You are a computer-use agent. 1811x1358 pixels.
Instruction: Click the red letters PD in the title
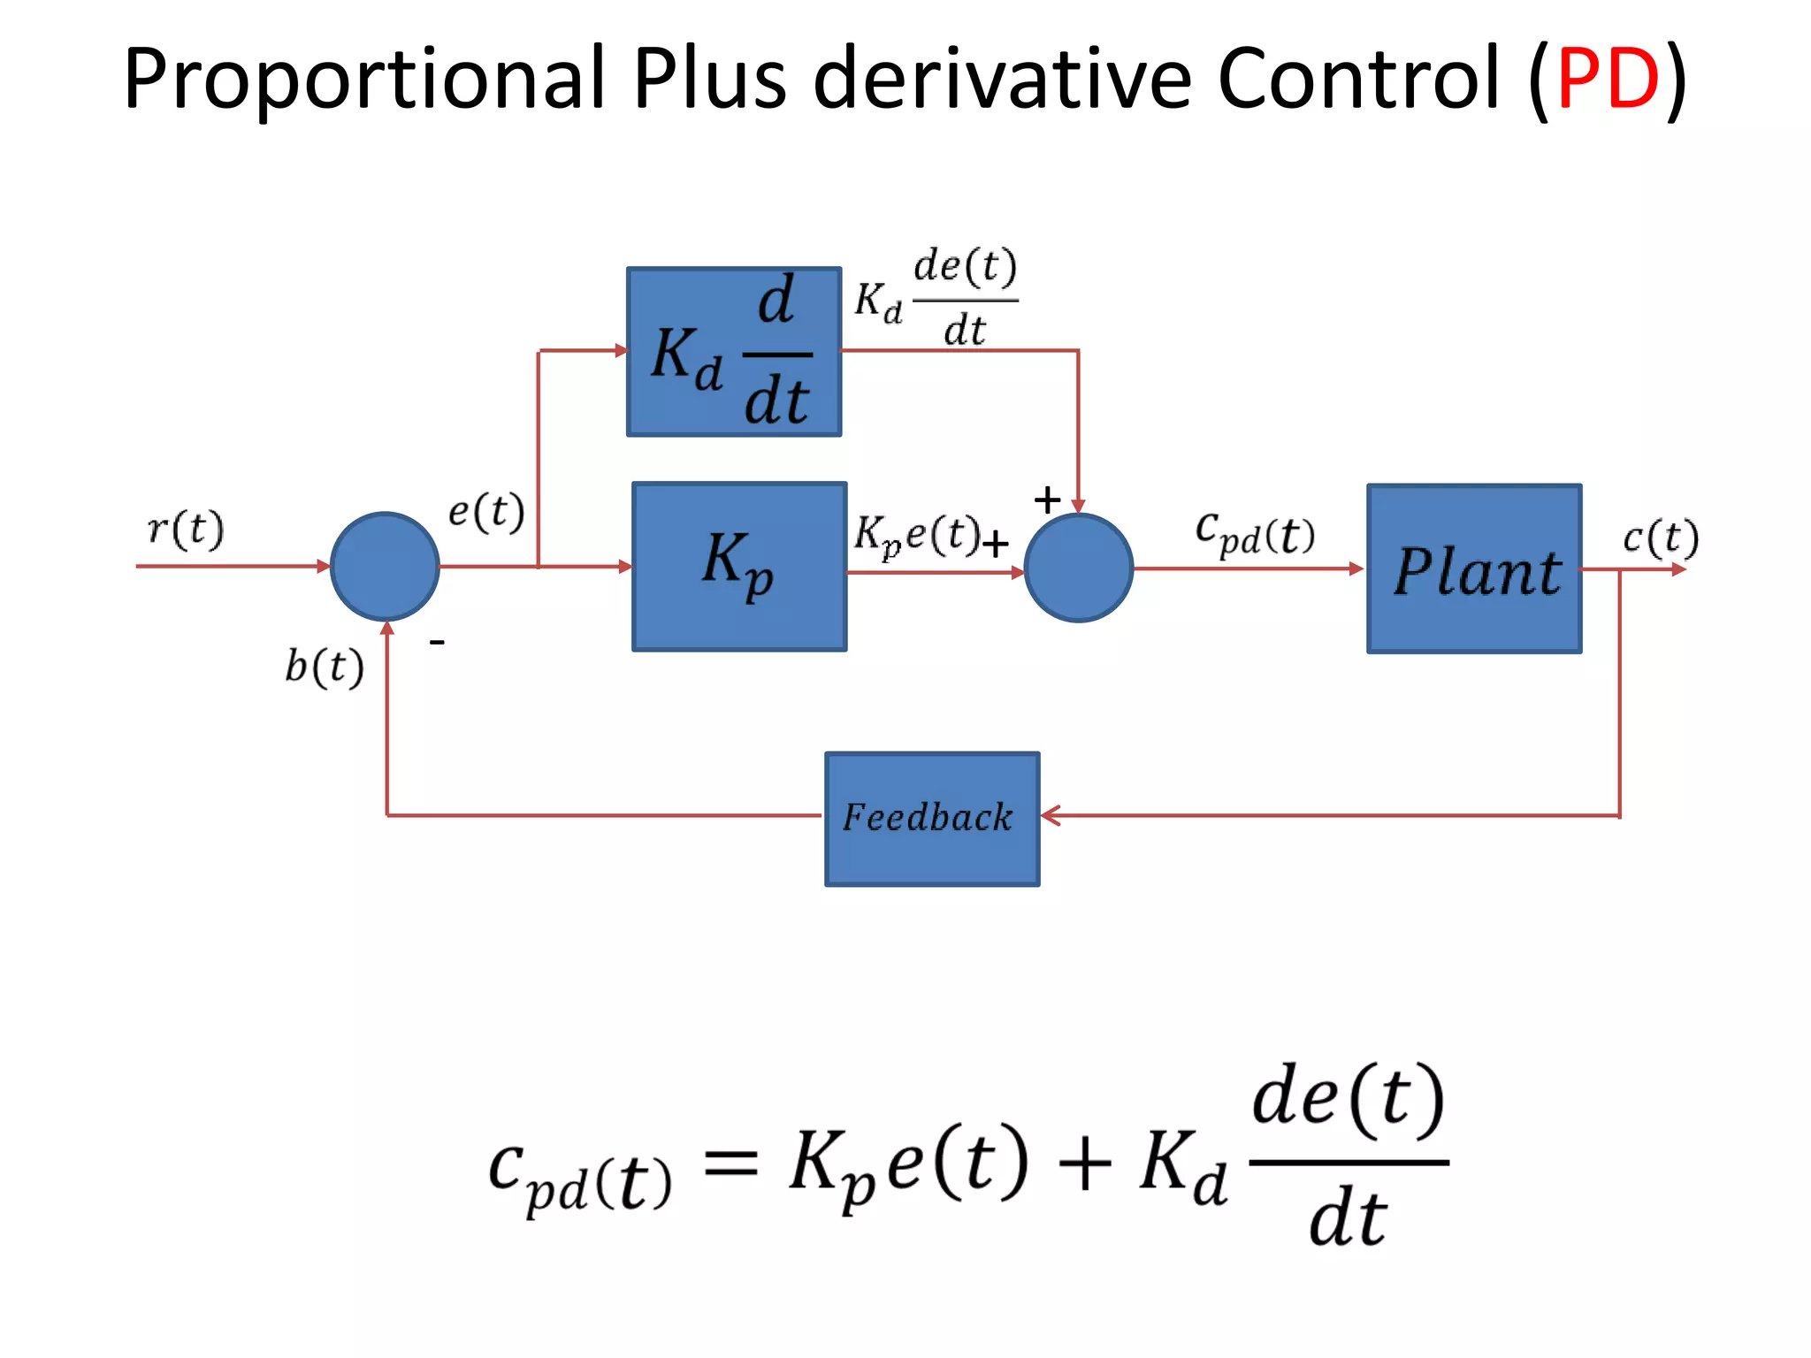point(1608,80)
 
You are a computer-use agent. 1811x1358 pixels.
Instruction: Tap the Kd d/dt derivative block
point(733,352)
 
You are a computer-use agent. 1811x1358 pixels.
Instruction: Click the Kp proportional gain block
point(739,567)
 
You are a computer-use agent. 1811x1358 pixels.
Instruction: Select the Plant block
point(1474,569)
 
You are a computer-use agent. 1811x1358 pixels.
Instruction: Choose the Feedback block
point(932,819)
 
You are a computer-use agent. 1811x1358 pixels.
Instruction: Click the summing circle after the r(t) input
point(385,567)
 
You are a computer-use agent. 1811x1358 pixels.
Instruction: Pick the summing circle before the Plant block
point(1078,568)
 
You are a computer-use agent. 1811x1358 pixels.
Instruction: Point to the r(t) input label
point(186,530)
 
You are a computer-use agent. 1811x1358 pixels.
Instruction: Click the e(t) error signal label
point(486,512)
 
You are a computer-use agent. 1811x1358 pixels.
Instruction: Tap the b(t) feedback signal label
point(324,667)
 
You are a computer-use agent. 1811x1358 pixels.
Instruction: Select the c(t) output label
point(1660,538)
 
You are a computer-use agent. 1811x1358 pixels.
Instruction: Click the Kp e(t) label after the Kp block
point(917,535)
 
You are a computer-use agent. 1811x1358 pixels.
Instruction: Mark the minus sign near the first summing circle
point(436,642)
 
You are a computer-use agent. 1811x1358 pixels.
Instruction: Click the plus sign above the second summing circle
point(1047,500)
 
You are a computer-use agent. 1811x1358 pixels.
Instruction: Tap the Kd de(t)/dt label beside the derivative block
point(936,299)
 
